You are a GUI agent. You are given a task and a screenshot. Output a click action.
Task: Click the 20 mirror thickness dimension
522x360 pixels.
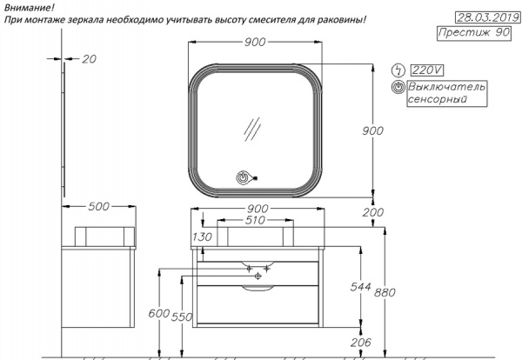[89, 58]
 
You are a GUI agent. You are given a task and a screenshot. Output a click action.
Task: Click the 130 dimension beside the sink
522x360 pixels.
[202, 237]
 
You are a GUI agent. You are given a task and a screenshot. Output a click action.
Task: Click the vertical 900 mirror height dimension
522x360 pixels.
[373, 130]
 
